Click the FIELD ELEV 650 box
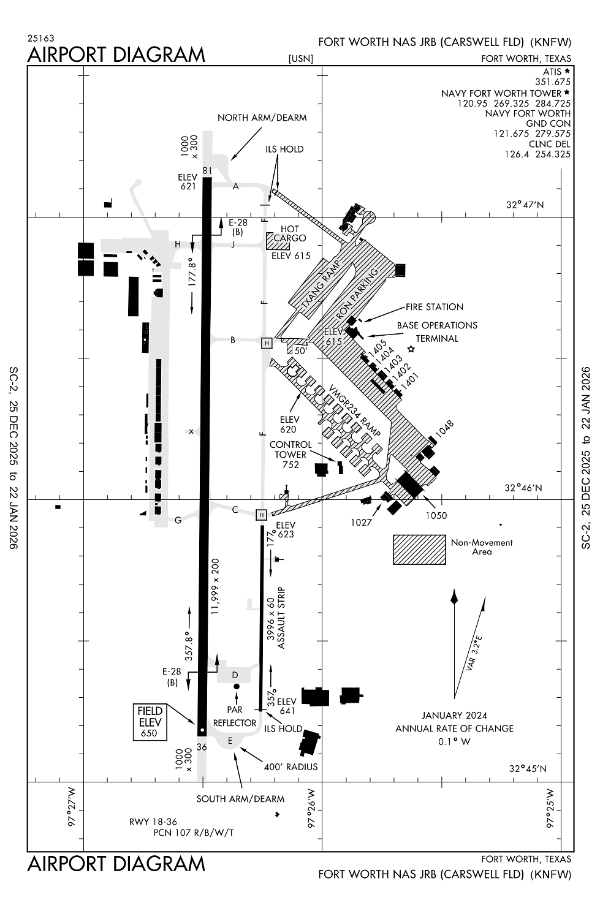(x=150, y=722)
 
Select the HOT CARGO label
(x=289, y=233)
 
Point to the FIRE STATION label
(x=434, y=307)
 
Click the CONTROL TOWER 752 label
(x=291, y=455)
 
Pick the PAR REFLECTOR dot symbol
(x=237, y=687)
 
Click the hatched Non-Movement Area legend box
(x=419, y=549)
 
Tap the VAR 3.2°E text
(x=474, y=654)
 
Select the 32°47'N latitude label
(x=525, y=205)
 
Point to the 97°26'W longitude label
(x=311, y=808)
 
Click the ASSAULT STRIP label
(x=282, y=618)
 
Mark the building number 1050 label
(x=436, y=516)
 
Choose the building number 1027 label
(x=362, y=523)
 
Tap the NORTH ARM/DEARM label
(x=262, y=118)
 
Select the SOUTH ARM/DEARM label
(x=240, y=799)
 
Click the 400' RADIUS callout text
(x=291, y=766)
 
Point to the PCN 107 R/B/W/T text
(x=193, y=833)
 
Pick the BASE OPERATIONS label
(x=437, y=325)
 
